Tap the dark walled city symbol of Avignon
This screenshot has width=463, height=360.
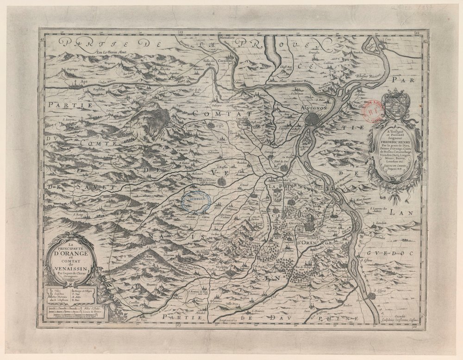316,118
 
